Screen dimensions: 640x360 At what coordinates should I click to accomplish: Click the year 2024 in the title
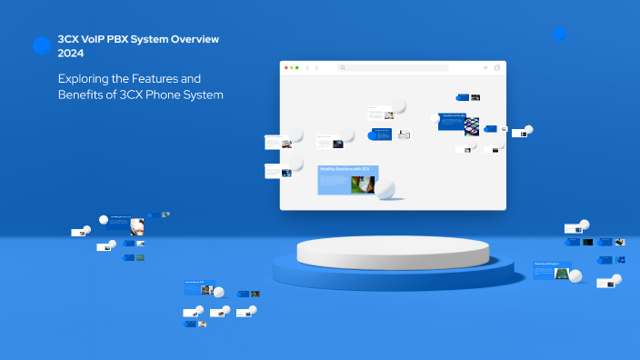click(71, 54)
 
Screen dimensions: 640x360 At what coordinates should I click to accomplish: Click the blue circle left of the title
click(41, 45)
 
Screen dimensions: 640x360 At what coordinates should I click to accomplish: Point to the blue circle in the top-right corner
click(559, 34)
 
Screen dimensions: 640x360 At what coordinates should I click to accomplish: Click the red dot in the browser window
click(286, 68)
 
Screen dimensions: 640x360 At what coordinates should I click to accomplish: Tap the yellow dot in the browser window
click(292, 68)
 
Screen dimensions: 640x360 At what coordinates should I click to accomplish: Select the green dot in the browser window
click(297, 68)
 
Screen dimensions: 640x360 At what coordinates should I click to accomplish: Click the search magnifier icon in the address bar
click(343, 68)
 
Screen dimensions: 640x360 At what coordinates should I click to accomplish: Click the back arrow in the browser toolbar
click(307, 68)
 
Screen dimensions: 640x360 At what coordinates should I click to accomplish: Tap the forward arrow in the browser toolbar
click(316, 68)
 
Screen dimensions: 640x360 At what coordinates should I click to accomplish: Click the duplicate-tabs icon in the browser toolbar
click(497, 68)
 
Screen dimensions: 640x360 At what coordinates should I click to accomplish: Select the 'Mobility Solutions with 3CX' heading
click(345, 169)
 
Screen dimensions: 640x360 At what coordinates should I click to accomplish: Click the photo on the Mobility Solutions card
click(363, 184)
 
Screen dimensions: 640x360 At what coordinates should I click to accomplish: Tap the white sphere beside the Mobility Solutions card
click(385, 189)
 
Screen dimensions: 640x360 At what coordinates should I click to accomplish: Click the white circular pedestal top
click(393, 251)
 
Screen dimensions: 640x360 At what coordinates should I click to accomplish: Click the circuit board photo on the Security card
click(563, 273)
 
